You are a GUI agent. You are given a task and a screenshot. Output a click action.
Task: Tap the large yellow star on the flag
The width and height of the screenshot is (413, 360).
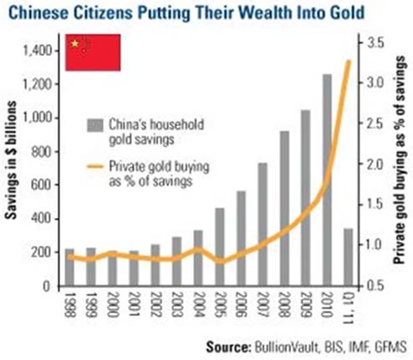point(76,43)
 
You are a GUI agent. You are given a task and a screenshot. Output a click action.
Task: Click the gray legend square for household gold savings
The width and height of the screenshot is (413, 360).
point(94,126)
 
